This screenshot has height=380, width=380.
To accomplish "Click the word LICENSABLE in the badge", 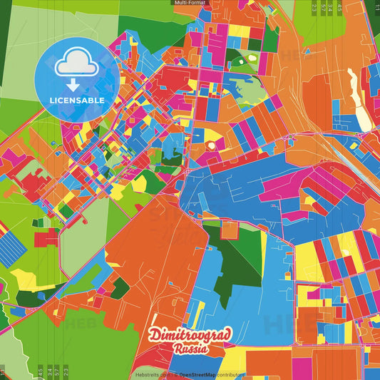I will (x=76, y=100).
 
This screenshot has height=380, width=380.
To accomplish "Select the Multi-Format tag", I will (x=190, y=3).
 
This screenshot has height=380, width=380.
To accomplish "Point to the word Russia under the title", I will (x=190, y=349).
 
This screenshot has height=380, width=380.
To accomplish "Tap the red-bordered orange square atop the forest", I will (x=229, y=230).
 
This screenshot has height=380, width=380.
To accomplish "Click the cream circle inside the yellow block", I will (x=210, y=145).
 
